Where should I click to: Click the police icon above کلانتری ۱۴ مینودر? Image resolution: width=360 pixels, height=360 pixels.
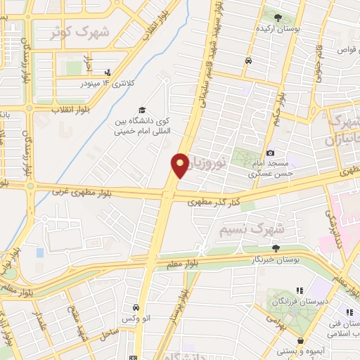[108, 72]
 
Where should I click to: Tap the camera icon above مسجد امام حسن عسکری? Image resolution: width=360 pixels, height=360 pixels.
[270, 153]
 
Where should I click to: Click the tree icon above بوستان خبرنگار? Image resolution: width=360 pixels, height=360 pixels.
[276, 247]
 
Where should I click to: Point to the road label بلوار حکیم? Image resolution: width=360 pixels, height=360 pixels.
[283, 106]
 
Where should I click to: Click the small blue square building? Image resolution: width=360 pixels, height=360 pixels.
[39, 252]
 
